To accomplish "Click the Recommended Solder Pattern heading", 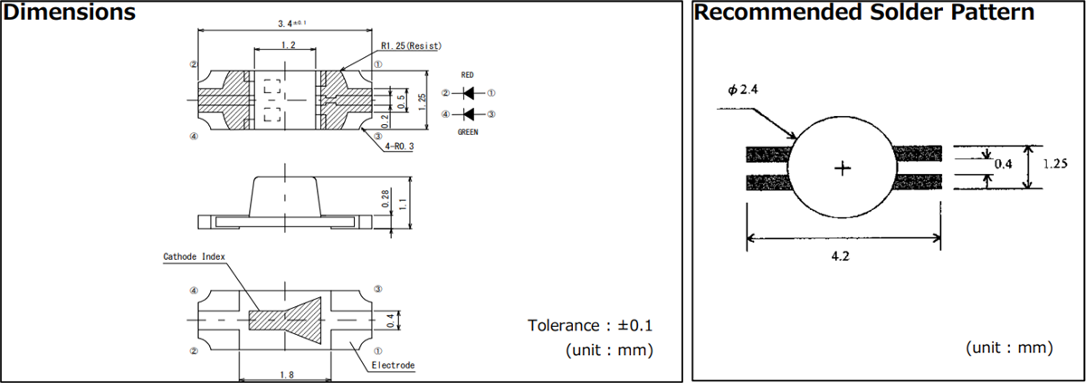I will tap(864, 13).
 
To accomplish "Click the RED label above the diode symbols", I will tap(467, 75).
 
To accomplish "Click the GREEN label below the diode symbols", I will tap(467, 131).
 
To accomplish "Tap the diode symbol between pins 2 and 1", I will tap(468, 93).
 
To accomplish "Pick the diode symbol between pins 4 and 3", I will tap(468, 114).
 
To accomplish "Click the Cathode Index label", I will tap(193, 256).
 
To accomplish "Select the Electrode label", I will tap(393, 366).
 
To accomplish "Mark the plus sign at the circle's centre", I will tap(843, 168).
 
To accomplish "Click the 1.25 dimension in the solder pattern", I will tap(1055, 164).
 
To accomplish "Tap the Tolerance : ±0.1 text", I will tap(589, 325).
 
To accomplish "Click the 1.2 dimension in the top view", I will tap(287, 44).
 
